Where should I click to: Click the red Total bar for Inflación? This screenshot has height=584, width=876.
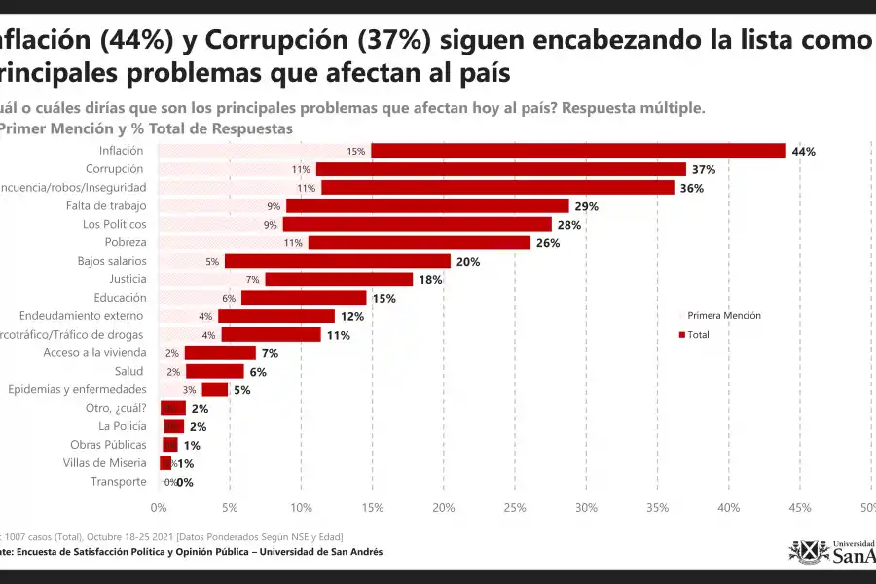tap(578, 151)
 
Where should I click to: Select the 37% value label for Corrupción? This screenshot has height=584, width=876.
tap(704, 169)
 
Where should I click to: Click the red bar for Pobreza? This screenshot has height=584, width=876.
tap(419, 242)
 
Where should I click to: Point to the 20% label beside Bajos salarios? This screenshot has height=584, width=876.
tap(468, 261)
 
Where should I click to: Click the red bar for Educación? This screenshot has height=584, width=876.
tap(304, 298)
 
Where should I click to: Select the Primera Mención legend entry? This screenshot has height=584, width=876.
tap(723, 315)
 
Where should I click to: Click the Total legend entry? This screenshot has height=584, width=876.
tap(698, 334)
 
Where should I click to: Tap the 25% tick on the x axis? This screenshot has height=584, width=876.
tap(515, 507)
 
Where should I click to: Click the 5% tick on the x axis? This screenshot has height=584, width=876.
tap(230, 507)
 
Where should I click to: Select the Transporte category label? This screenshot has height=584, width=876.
tap(119, 481)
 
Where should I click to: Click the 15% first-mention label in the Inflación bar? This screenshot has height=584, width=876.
tap(355, 151)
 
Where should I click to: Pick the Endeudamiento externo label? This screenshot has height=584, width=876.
tap(83, 316)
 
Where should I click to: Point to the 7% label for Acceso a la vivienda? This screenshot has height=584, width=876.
tap(270, 353)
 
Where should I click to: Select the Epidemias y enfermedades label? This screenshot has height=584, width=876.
tap(77, 389)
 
